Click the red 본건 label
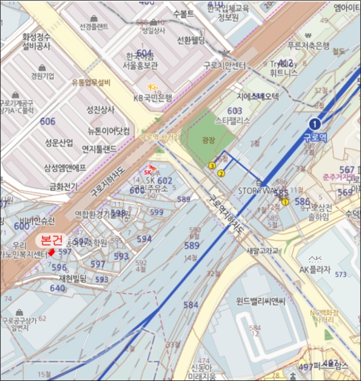pyautogui.click(x=52, y=239)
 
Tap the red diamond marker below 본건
pyautogui.click(x=51, y=252)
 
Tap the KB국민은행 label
pyautogui.click(x=152, y=98)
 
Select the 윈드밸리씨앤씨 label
pyautogui.click(x=261, y=300)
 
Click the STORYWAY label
pyautogui.click(x=258, y=191)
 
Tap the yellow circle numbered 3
pyautogui.click(x=212, y=165)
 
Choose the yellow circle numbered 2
pyautogui.click(x=221, y=174)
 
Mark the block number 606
pyautogui.click(x=47, y=121)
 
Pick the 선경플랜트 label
pyautogui.click(x=94, y=26)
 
